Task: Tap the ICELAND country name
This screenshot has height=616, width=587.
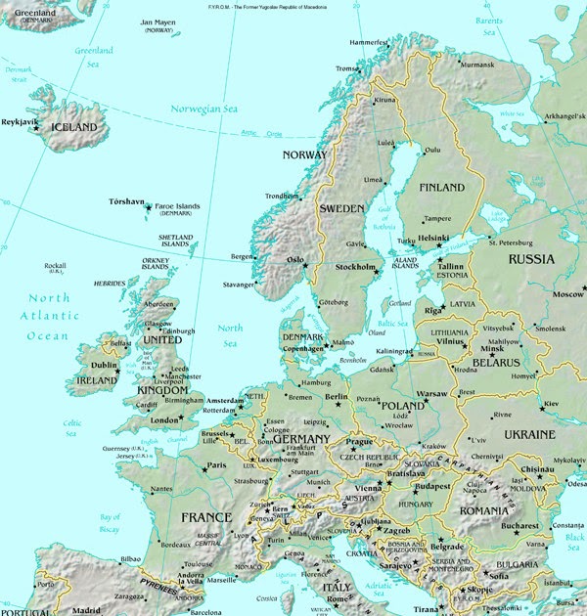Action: [74, 128]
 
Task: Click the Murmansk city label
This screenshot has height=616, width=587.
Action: [477, 66]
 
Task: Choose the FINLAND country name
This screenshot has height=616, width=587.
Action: [440, 188]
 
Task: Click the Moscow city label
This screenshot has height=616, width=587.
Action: [567, 294]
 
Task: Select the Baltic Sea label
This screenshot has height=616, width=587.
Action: [393, 323]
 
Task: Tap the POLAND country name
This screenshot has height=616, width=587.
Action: [402, 405]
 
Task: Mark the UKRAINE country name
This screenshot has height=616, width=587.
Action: [528, 433]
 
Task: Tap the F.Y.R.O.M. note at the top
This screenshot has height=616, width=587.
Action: [293, 6]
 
